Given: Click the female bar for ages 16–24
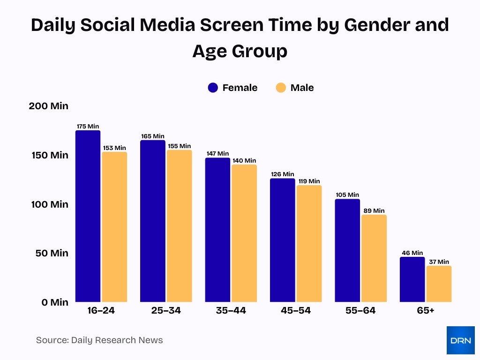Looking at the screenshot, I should pos(88,216).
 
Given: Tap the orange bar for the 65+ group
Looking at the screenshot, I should pos(439,284).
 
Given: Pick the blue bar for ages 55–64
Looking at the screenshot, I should pos(347,250).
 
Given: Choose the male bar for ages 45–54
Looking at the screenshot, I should pos(309,243).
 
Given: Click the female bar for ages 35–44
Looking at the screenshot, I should pos(217,230).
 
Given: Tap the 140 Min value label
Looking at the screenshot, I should pos(244,160).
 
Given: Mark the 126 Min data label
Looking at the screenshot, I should pos(282,174).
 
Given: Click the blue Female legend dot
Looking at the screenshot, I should pos(213,88).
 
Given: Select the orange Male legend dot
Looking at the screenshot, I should pos(281,88).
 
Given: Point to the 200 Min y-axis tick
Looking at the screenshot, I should pos(49,106).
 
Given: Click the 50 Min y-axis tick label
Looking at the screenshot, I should pos(52,253).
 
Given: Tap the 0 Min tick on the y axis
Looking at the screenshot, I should pos(55,302).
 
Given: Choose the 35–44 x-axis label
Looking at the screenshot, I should pos(231,311).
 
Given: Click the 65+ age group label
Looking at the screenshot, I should pos(425,311).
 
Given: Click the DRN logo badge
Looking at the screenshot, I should pos(460,340).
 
